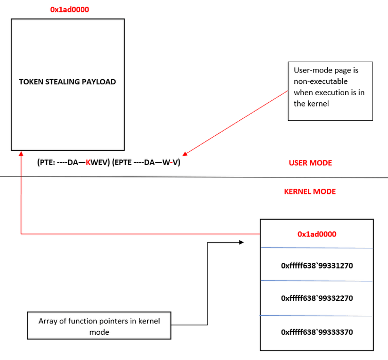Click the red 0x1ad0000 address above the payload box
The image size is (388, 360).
(68, 9)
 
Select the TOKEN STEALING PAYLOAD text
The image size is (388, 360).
(67, 81)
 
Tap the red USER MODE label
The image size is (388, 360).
(310, 163)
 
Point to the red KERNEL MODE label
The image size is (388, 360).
(310, 191)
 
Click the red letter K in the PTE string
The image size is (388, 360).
(89, 163)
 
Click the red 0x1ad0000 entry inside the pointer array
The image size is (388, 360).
(316, 234)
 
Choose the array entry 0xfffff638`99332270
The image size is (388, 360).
(316, 298)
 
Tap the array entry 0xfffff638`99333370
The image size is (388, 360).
(316, 332)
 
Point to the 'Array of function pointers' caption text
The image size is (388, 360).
(99, 321)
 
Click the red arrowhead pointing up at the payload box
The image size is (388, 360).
(20, 153)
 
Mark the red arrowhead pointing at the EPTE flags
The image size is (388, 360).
(186, 153)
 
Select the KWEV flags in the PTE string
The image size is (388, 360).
(97, 163)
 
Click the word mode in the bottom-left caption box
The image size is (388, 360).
(99, 332)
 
